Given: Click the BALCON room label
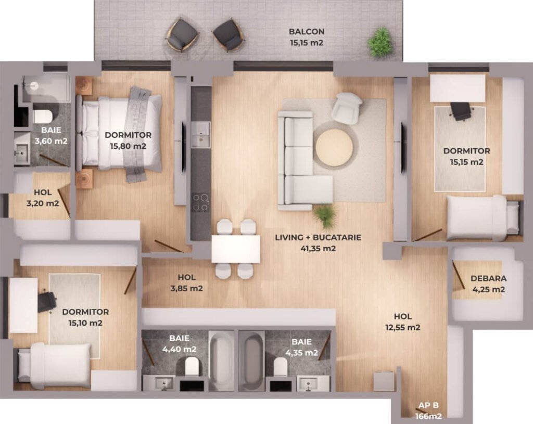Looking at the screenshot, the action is (307, 32).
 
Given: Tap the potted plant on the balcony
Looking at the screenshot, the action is (381, 43).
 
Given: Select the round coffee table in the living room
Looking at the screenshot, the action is (334, 147).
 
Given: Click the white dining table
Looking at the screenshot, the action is (236, 249).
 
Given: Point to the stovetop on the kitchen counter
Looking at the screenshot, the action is (200, 202).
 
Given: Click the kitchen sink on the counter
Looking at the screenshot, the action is (200, 135).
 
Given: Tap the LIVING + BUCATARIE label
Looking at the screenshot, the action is (318, 237).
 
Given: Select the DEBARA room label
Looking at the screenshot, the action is (488, 278).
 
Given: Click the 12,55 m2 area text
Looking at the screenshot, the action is (403, 328).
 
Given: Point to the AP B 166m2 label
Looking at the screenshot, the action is (428, 411).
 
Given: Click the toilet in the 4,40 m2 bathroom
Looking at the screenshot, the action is (192, 366).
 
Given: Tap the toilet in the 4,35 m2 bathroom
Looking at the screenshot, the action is (281, 366).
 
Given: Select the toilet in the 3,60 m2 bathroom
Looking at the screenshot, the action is (43, 116).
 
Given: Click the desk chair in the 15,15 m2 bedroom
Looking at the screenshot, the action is (461, 111).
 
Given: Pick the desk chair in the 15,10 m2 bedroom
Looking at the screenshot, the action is (46, 301).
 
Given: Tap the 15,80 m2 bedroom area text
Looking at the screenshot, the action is (128, 146).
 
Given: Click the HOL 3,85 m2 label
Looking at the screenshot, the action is (187, 282).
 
